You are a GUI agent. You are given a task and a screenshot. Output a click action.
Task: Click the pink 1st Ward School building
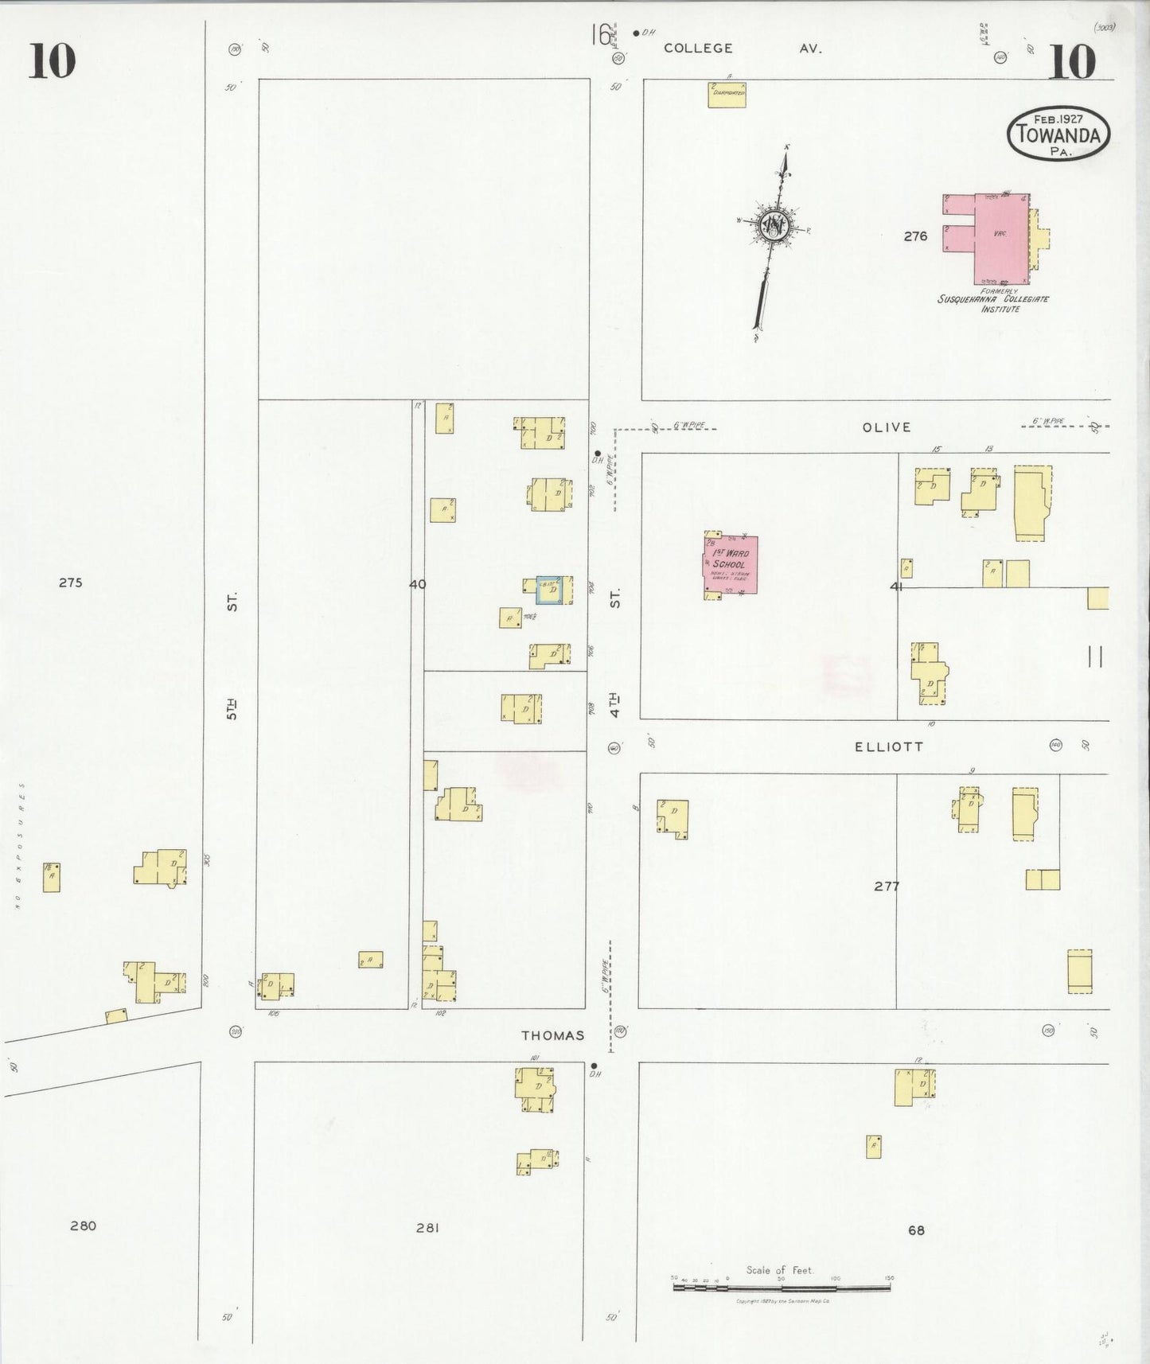pos(730,564)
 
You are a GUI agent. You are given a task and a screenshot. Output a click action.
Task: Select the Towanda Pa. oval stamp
pos(1058,133)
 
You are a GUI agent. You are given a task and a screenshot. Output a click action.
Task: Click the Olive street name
pos(886,427)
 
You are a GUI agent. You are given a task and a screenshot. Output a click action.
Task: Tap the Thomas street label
pos(552,1035)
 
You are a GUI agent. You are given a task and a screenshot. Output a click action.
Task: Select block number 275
pos(70,583)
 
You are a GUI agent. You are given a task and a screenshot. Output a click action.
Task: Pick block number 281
pos(427,1228)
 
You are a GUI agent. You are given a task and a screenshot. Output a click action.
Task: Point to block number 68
pos(916,1230)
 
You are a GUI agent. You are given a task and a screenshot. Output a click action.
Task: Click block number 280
pos(83,1226)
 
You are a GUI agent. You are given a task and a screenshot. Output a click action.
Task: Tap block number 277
pos(887,886)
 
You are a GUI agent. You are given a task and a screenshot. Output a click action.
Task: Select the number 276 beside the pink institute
pos(915,236)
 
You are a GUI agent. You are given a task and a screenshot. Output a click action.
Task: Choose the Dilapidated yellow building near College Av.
pos(727,95)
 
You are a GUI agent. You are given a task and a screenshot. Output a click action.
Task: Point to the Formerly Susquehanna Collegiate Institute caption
pos(993,300)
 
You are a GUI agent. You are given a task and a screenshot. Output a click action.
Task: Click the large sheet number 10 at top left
pos(53,62)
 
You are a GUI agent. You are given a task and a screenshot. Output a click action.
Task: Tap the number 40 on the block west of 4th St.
pos(417,584)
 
